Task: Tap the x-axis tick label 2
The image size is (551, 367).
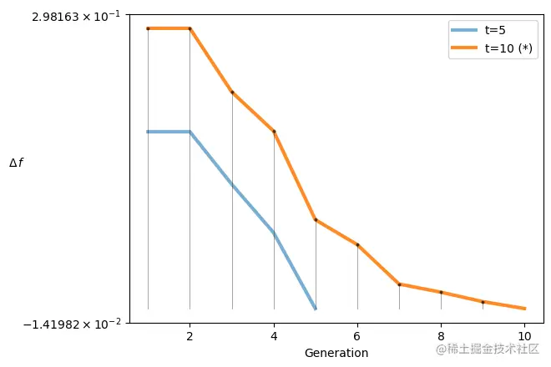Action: [x=190, y=337]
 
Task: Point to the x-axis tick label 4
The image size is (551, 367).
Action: [x=274, y=337]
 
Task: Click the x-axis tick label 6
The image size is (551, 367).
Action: [x=357, y=337]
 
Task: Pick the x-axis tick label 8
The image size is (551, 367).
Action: [x=441, y=337]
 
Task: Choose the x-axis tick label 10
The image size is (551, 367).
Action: [x=524, y=337]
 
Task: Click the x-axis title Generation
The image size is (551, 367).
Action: [x=336, y=353]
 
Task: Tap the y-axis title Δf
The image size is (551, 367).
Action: [x=16, y=163]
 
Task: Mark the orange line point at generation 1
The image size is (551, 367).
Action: [x=148, y=28]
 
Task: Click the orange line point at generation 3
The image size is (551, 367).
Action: [x=232, y=92]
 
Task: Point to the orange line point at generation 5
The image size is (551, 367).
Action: [x=316, y=219]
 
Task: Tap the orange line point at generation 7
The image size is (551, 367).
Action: [x=399, y=284]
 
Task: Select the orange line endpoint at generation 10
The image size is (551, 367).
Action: [x=524, y=309]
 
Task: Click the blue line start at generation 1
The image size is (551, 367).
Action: [x=148, y=132]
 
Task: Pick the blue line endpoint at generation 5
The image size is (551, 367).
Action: [x=316, y=309]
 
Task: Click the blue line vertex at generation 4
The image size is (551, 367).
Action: [x=274, y=233]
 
